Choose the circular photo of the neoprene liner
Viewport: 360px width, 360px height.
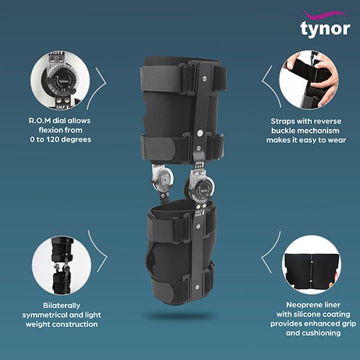point(311,265)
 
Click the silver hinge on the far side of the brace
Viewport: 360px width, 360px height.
point(162,178)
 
